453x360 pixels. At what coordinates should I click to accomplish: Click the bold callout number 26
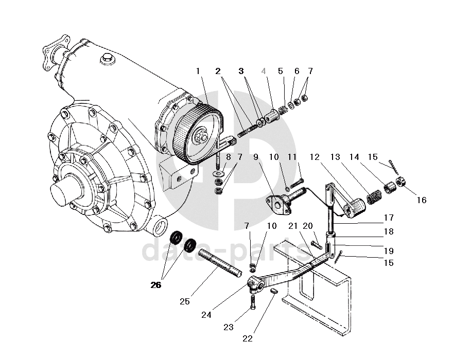click(155, 285)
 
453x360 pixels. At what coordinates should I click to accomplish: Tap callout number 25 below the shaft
click(185, 301)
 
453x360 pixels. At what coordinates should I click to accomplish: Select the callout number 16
click(422, 200)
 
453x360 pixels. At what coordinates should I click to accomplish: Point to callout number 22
click(247, 338)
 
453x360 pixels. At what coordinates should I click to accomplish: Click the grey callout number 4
click(264, 71)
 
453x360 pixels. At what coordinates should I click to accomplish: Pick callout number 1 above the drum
click(198, 71)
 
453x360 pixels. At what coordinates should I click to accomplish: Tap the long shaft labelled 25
click(220, 263)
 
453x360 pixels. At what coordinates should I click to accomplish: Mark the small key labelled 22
click(274, 291)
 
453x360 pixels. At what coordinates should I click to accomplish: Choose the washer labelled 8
click(219, 174)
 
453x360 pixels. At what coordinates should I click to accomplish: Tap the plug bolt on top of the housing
click(107, 59)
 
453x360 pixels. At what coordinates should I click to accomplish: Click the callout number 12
click(315, 157)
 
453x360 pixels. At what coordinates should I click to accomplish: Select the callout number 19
click(389, 251)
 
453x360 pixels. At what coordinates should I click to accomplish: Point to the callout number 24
click(206, 315)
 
